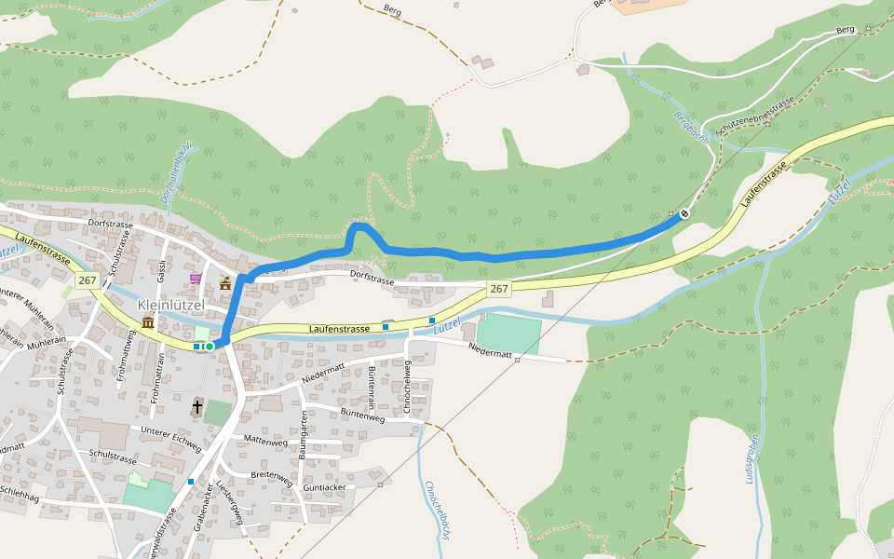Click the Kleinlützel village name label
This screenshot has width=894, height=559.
tap(170, 305)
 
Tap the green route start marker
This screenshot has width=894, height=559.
tap(210, 347)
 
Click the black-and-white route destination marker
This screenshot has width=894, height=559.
tap(684, 213)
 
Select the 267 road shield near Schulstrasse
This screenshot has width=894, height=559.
tap(88, 280)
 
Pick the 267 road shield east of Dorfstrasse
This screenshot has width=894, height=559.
tap(499, 289)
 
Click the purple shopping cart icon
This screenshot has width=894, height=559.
tap(196, 278)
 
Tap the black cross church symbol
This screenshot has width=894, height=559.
tap(197, 406)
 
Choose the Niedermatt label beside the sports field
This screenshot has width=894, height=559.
tap(491, 349)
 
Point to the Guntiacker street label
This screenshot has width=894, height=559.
tap(325, 487)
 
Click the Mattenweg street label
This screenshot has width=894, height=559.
tap(264, 441)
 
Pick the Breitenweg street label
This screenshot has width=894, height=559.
tap(273, 473)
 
